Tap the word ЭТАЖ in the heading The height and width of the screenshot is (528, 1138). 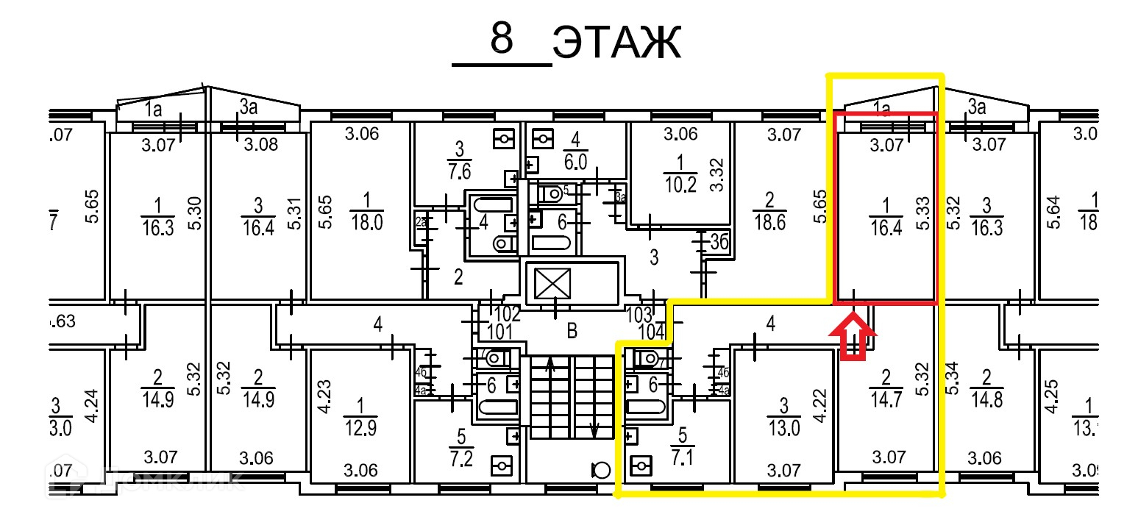click(616, 44)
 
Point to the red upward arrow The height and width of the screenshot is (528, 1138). click(853, 336)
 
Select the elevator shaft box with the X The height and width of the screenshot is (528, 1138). click(553, 284)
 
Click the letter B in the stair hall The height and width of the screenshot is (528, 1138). click(572, 332)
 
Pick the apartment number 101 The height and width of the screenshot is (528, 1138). click(500, 332)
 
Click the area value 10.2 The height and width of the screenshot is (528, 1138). click(680, 184)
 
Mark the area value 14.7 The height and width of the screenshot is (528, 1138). click(885, 401)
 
